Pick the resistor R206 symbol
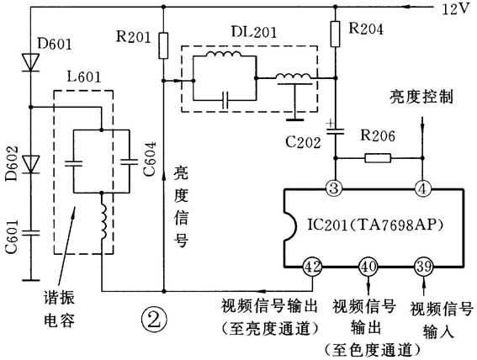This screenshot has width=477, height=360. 377,157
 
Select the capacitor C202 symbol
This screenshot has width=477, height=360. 335,130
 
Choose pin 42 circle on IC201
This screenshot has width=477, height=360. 313,268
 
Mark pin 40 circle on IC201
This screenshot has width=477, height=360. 368,268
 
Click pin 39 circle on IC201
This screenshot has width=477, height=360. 422,268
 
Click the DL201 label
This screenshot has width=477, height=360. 246,30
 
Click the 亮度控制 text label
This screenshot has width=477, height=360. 421,98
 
